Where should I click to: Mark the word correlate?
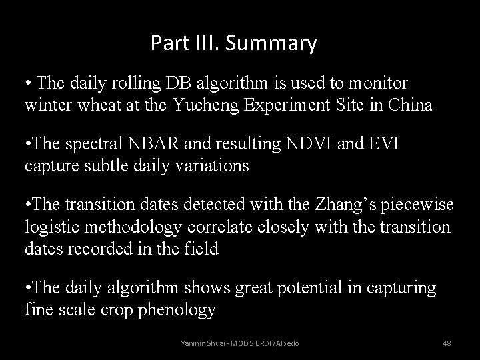[220, 227]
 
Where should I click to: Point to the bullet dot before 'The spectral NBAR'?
[28, 145]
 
